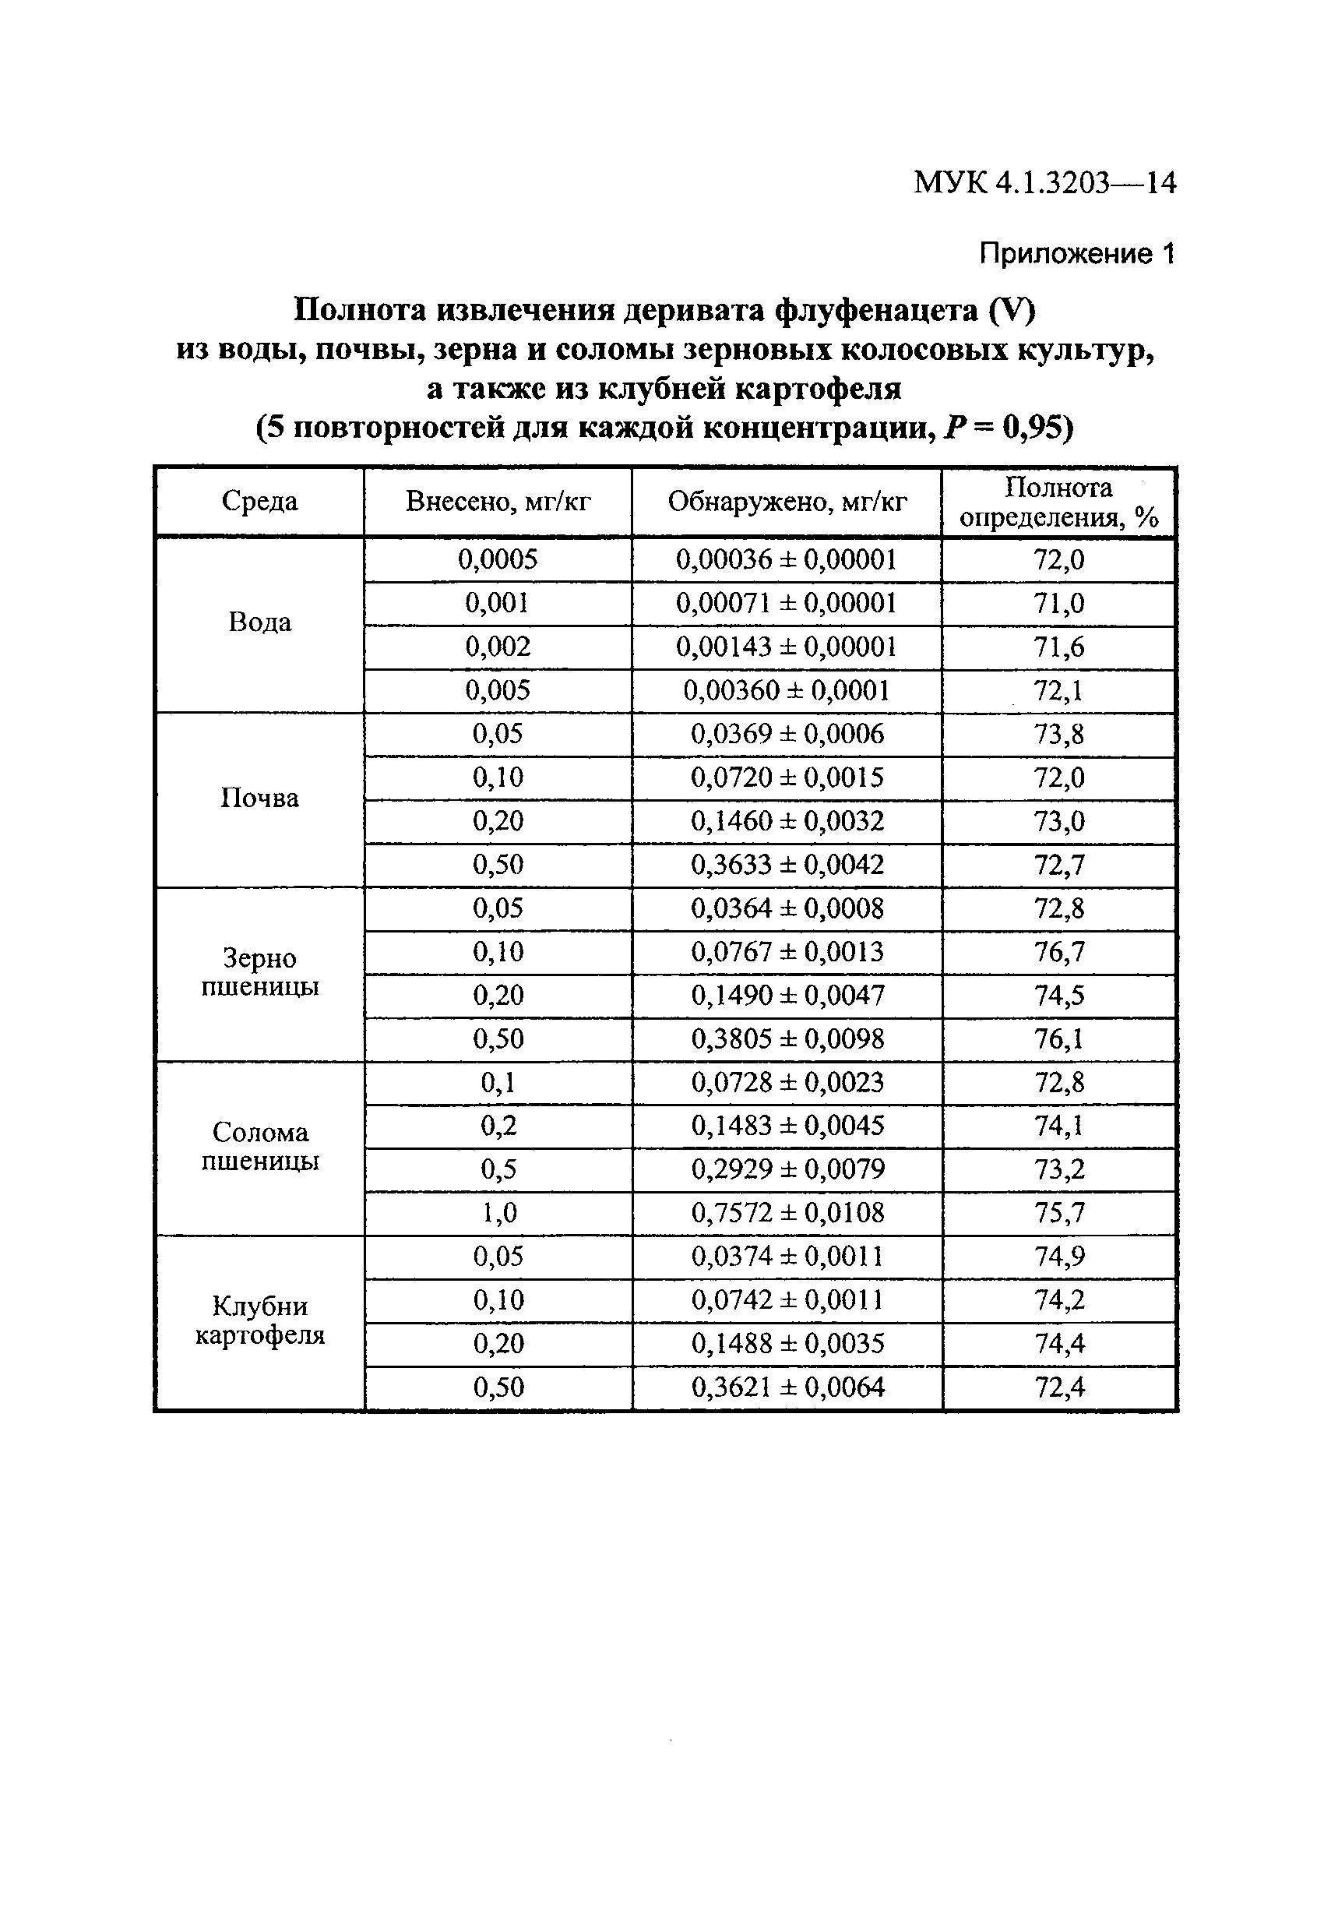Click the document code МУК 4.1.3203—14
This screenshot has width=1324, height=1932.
[x=1044, y=183]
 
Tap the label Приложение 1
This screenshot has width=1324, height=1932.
[x=1076, y=252]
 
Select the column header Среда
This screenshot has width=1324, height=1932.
[x=259, y=501]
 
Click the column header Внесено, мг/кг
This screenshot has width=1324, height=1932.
[x=498, y=501]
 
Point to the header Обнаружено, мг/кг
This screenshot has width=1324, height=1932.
[x=787, y=501]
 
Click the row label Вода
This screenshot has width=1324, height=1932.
[x=259, y=622]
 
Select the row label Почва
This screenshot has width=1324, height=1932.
[x=259, y=798]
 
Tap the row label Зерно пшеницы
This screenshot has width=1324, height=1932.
[x=259, y=973]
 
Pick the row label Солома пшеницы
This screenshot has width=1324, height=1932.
[x=259, y=1147]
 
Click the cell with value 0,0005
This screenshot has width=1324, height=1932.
[x=498, y=559]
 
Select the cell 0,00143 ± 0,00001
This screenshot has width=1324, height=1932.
[x=787, y=646]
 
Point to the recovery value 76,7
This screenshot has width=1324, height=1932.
[x=1059, y=951]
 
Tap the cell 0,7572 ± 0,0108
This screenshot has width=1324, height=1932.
[x=787, y=1212]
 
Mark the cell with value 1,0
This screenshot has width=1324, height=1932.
[x=498, y=1212]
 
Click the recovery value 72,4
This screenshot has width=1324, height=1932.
[x=1059, y=1387]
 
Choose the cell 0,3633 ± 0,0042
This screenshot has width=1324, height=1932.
[x=787, y=865]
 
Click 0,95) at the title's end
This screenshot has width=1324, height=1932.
[x=1038, y=428]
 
